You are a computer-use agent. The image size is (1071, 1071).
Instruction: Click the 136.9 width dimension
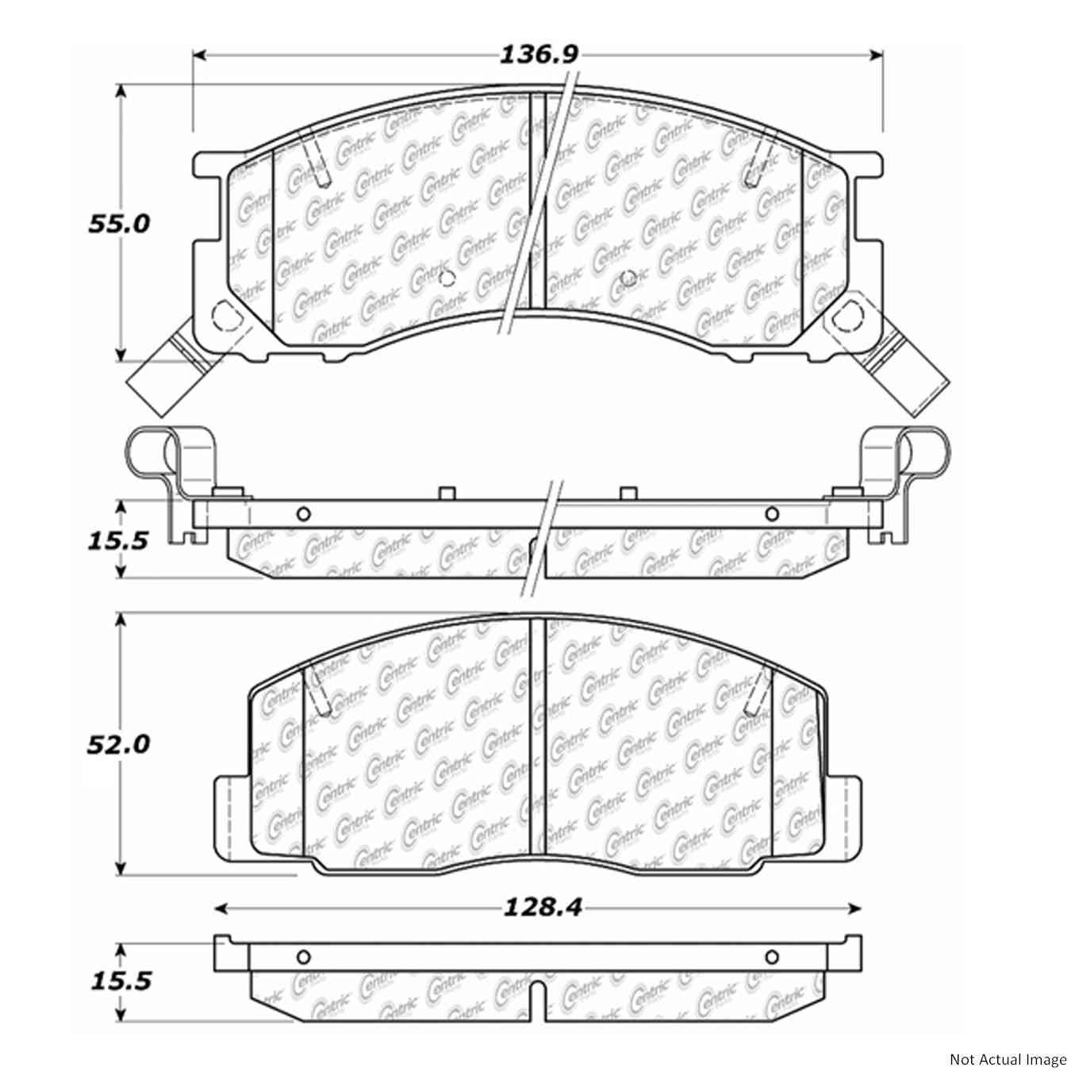[539, 55]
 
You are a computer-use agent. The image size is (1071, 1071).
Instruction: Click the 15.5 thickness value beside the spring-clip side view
[117, 541]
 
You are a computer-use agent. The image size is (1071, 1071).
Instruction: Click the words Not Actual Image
[1008, 1059]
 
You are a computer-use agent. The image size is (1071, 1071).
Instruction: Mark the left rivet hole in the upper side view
[302, 514]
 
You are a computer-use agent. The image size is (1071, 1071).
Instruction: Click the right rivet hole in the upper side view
[771, 514]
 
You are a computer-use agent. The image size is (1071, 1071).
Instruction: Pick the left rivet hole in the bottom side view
[302, 956]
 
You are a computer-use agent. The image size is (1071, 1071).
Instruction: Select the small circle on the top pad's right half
[628, 278]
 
